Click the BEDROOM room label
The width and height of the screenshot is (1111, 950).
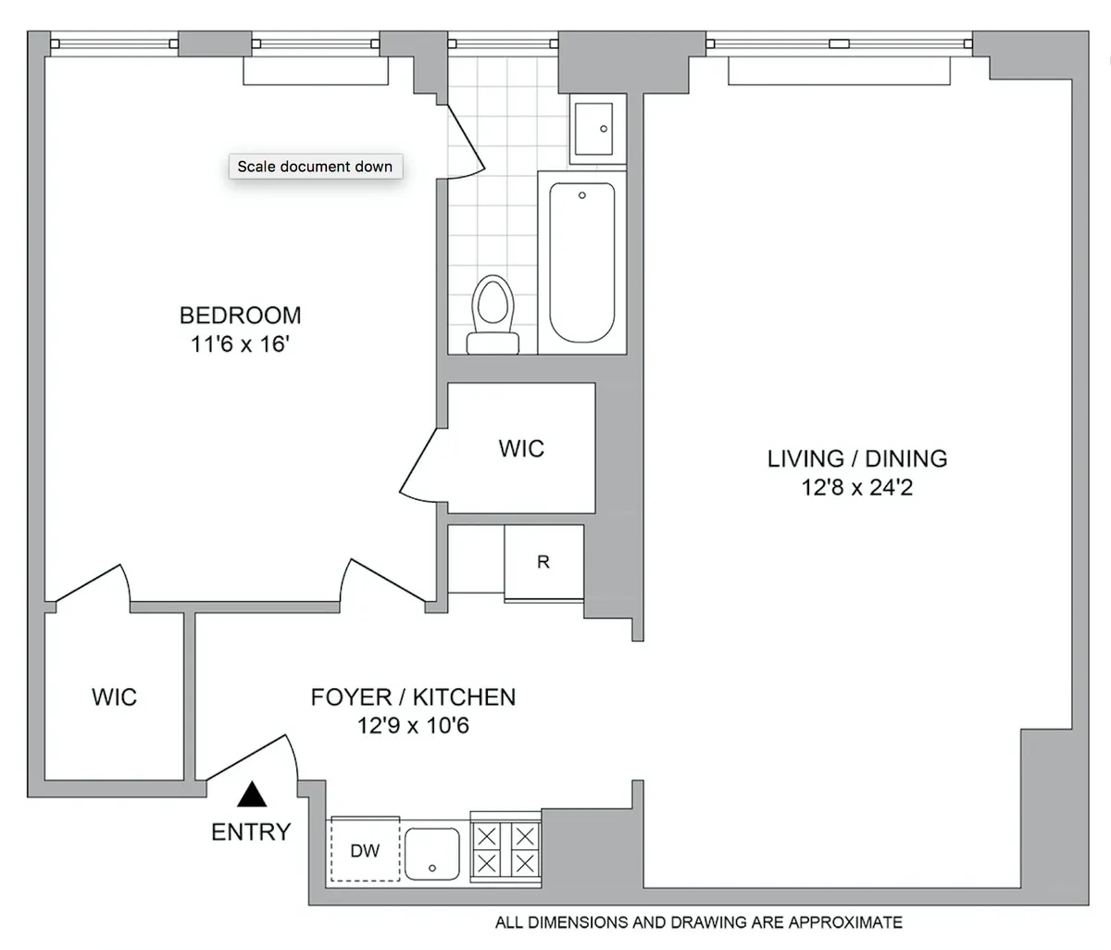pyautogui.click(x=240, y=316)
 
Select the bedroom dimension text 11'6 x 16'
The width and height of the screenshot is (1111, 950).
pyautogui.click(x=240, y=344)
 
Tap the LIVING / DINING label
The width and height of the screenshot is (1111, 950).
pyautogui.click(x=856, y=458)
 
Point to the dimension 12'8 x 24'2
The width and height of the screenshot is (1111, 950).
pyautogui.click(x=856, y=487)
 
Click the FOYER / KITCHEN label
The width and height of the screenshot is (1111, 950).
pyautogui.click(x=413, y=697)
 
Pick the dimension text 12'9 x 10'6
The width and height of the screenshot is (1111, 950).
pyautogui.click(x=413, y=726)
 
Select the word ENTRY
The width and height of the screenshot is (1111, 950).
pyautogui.click(x=251, y=832)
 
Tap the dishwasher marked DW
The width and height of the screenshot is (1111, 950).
pyautogui.click(x=365, y=851)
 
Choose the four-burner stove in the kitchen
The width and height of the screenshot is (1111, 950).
pyautogui.click(x=506, y=850)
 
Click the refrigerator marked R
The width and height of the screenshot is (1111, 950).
pyautogui.click(x=543, y=562)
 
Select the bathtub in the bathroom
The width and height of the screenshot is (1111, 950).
pyautogui.click(x=581, y=262)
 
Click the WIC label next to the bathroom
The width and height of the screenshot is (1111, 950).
pyautogui.click(x=521, y=449)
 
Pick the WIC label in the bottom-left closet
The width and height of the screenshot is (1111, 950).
pyautogui.click(x=114, y=696)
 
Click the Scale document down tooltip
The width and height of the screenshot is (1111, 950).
pyautogui.click(x=315, y=167)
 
